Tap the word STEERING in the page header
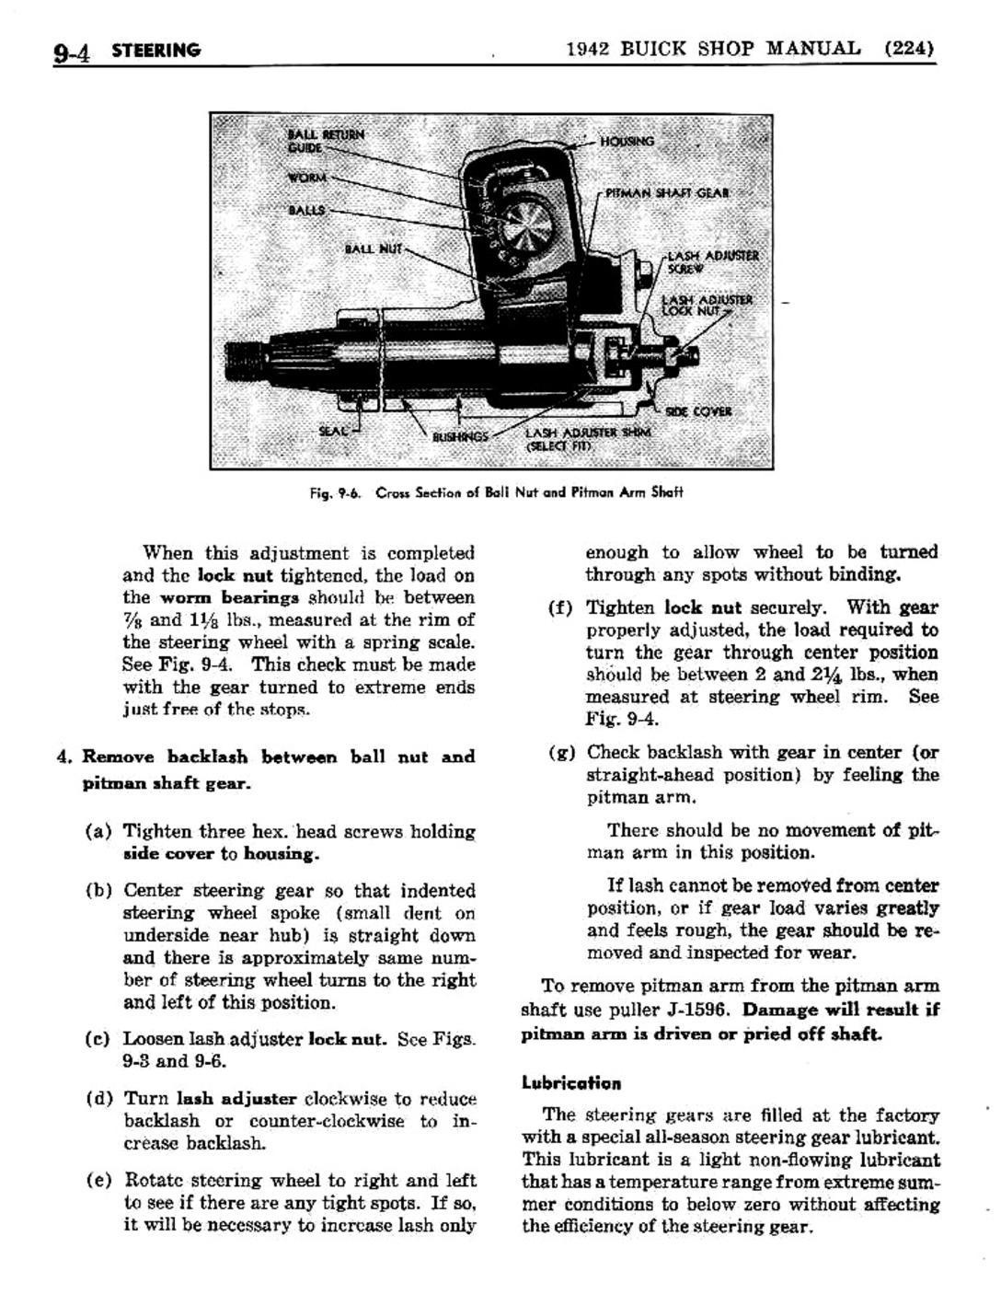(x=155, y=51)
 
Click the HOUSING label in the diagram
(x=627, y=142)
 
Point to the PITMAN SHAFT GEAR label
(x=667, y=193)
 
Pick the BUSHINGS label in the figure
(x=460, y=436)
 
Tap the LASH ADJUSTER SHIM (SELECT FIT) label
(x=587, y=439)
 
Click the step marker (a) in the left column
(x=98, y=832)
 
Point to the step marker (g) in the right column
(x=561, y=752)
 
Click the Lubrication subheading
(x=570, y=1083)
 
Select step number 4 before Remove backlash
(x=63, y=757)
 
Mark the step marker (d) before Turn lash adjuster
(x=98, y=1099)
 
